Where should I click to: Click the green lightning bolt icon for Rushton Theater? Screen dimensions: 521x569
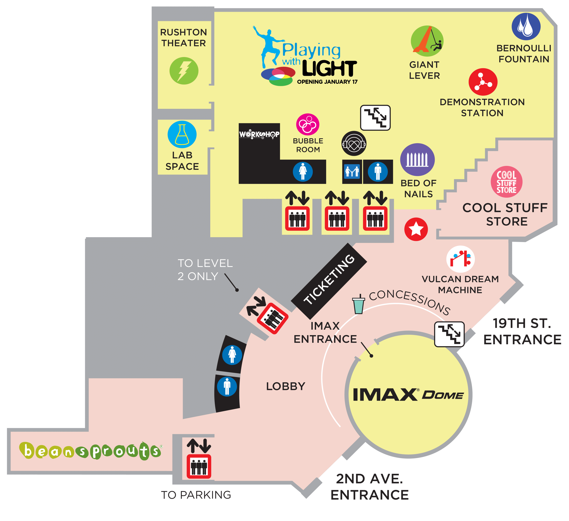click(x=184, y=71)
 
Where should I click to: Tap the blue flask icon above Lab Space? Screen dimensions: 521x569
click(x=182, y=135)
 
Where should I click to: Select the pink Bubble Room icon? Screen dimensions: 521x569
click(x=308, y=124)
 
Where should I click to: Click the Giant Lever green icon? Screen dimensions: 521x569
click(x=427, y=41)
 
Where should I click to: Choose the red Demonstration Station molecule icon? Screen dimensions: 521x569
click(x=483, y=82)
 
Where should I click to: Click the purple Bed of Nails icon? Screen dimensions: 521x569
click(x=417, y=159)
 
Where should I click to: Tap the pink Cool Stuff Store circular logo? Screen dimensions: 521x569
click(x=506, y=182)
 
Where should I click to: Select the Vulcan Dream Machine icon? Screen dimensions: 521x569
click(x=460, y=259)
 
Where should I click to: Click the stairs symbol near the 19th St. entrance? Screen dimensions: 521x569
click(x=449, y=334)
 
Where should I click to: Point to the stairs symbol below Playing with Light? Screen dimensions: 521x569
click(x=375, y=118)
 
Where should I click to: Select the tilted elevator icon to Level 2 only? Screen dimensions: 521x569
click(x=272, y=318)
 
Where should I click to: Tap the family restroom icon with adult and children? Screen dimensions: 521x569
click(x=352, y=171)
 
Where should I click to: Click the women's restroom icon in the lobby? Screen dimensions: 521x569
click(x=232, y=355)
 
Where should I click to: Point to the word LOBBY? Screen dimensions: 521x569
click(x=286, y=386)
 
